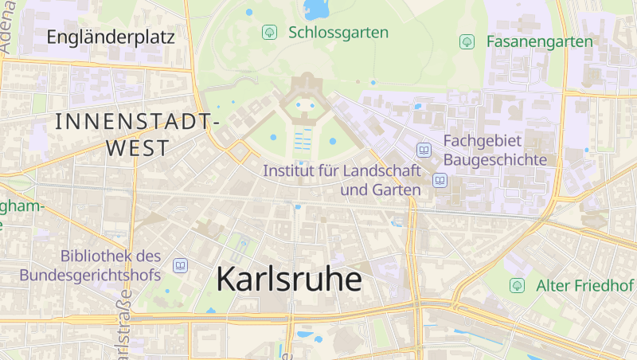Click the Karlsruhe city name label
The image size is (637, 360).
coord(288,280)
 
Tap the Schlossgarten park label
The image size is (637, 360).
coord(338,33)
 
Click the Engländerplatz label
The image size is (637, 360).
coord(110,37)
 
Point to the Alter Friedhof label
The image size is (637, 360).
coord(584,285)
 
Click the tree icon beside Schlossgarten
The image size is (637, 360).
coord(269,33)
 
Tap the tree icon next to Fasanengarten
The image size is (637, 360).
coord(467,41)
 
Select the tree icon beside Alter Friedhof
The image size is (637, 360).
coord(518,285)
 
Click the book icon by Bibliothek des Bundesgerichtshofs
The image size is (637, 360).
coord(180,265)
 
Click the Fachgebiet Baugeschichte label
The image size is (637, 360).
coord(495,150)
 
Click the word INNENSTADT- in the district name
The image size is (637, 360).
coord(137,122)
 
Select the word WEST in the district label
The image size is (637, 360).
coord(137,148)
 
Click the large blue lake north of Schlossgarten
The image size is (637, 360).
coord(316,9)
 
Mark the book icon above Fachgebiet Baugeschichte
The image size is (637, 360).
coord(424,150)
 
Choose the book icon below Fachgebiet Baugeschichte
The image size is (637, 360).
coord(440,181)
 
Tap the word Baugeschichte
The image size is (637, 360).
coord(495,159)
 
